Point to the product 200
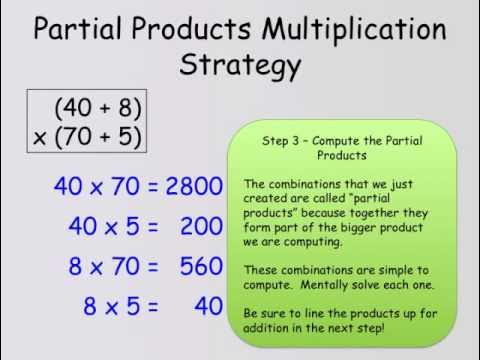coord(201,226)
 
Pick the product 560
coord(201,266)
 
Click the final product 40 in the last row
coord(208,306)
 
